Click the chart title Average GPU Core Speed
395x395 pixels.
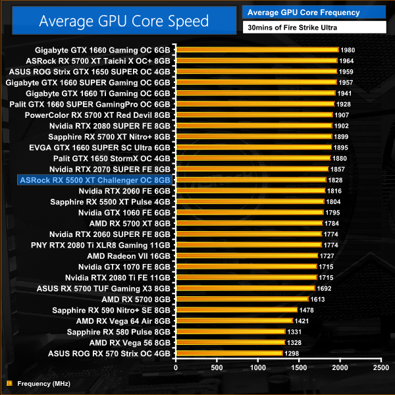coord(124,20)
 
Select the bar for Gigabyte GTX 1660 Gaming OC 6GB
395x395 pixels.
coord(257,50)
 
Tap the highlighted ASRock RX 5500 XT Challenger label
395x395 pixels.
coord(96,179)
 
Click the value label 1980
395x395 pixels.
coord(348,50)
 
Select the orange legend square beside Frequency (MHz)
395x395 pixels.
coord(9,382)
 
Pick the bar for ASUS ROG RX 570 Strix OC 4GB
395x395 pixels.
coord(229,353)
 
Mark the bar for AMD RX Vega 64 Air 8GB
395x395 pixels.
coord(234,321)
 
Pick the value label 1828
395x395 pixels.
coord(336,179)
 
